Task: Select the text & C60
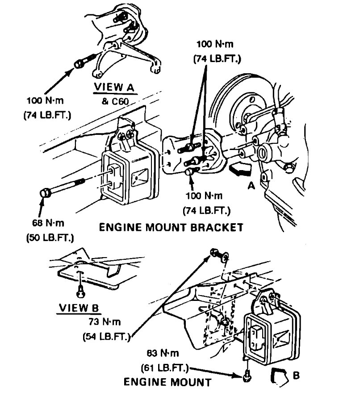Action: click(115, 101)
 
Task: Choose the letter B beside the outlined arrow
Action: click(295, 375)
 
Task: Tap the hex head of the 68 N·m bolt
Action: click(45, 193)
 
